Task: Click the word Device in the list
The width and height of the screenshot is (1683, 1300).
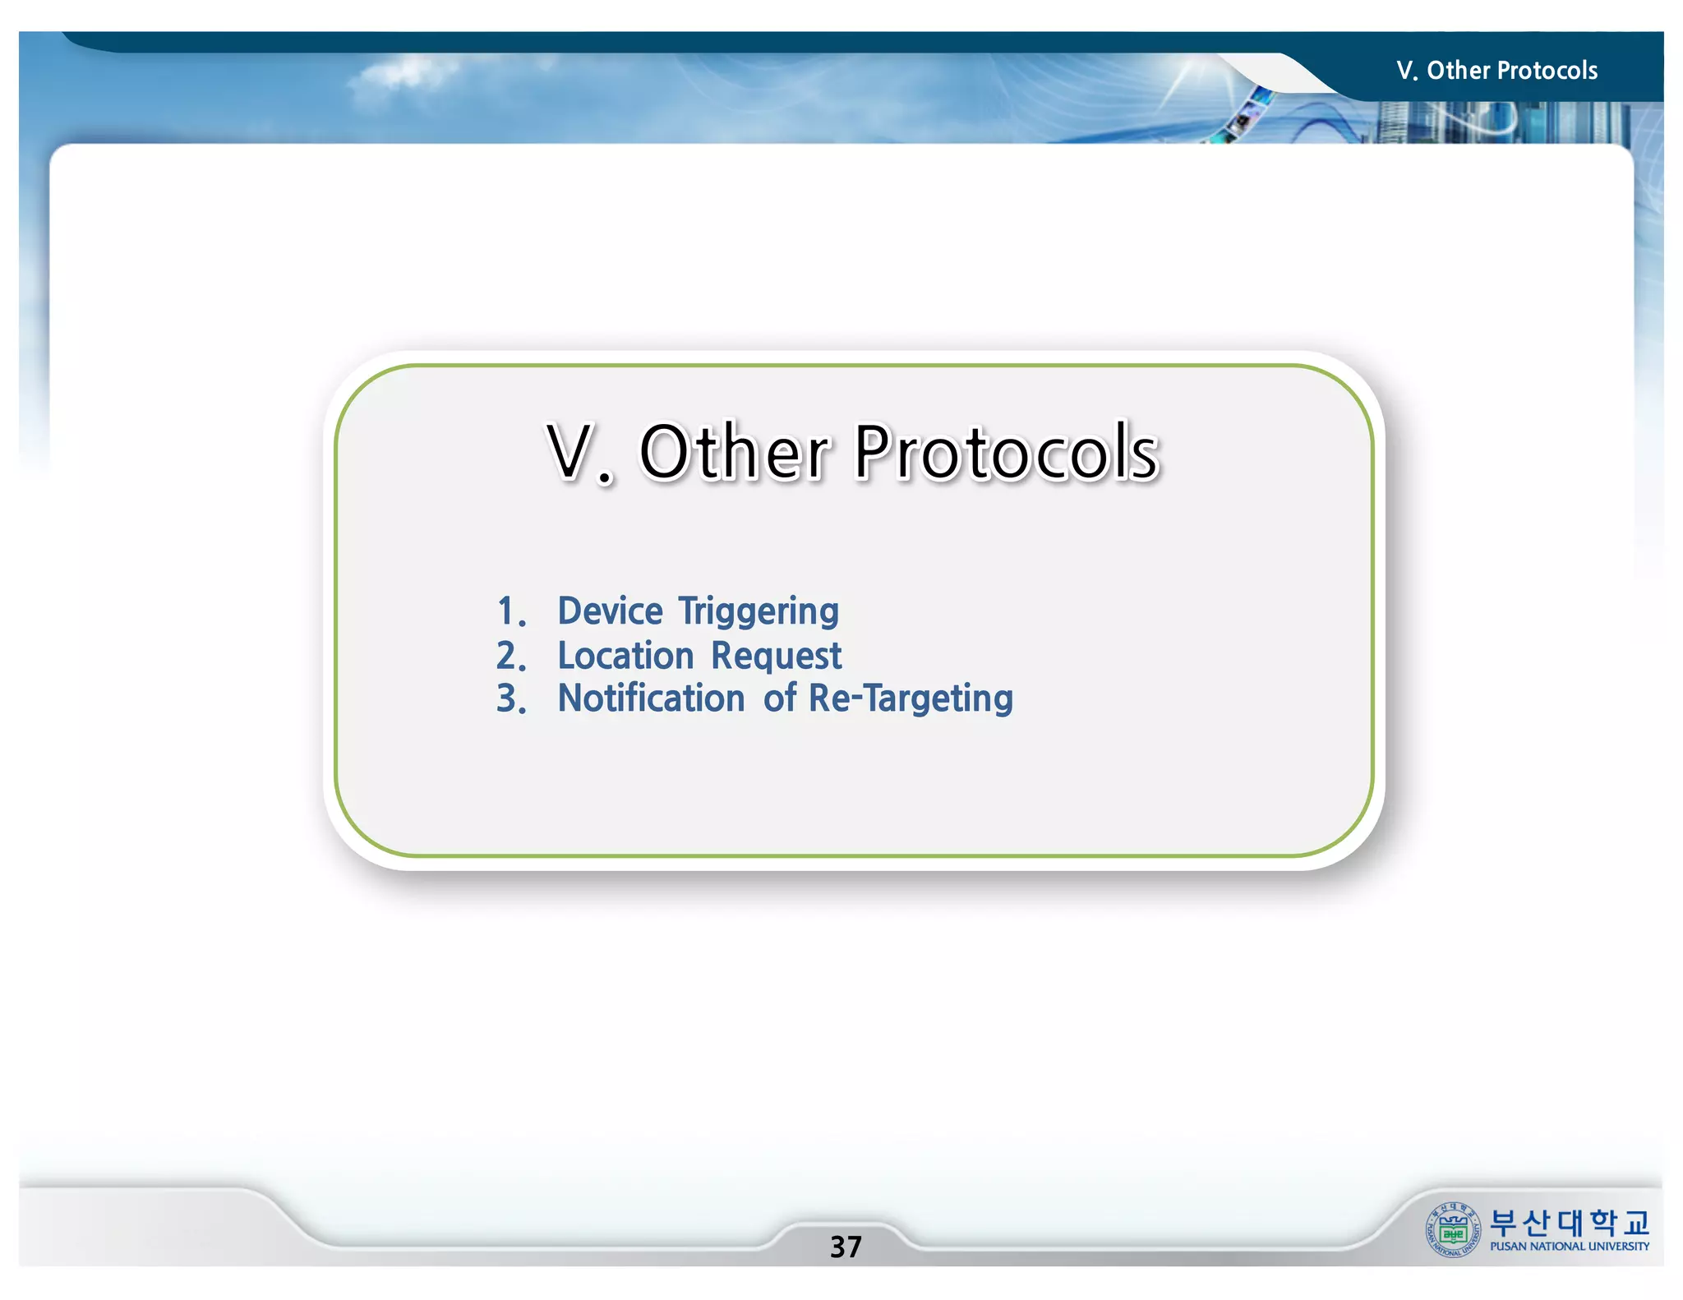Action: (x=610, y=611)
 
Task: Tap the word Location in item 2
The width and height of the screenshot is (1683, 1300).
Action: (x=626, y=656)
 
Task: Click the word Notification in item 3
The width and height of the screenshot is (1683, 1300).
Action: (x=651, y=698)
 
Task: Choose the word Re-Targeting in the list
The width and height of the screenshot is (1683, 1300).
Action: (x=911, y=699)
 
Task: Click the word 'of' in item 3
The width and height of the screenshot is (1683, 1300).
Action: (x=779, y=698)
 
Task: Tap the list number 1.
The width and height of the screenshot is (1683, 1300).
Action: (x=510, y=612)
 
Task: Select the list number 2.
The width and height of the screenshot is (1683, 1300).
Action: (x=510, y=656)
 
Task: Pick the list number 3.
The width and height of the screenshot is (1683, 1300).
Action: (x=510, y=699)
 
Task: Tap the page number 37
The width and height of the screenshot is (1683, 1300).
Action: (x=846, y=1247)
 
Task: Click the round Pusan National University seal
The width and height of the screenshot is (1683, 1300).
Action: (x=1453, y=1230)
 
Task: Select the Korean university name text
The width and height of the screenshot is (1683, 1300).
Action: (x=1569, y=1223)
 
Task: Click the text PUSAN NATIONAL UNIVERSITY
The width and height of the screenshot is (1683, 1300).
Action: (x=1569, y=1247)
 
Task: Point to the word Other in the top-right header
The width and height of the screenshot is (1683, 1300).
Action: (x=1459, y=71)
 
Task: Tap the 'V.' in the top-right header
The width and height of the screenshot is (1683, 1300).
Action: (x=1407, y=71)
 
